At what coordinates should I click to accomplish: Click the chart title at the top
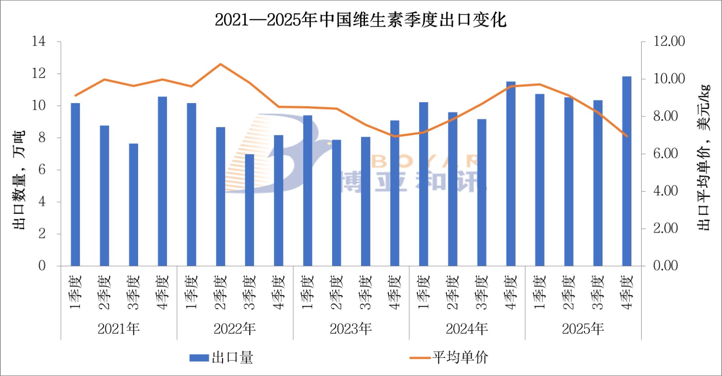pyautogui.click(x=361, y=20)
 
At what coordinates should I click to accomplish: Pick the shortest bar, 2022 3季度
pyautogui.click(x=250, y=210)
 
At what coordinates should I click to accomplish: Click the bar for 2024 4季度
pyautogui.click(x=511, y=174)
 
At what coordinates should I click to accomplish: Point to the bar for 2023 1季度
pyautogui.click(x=307, y=190)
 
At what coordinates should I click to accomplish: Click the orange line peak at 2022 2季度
pyautogui.click(x=220, y=64)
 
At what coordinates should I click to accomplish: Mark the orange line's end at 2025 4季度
pyautogui.click(x=627, y=136)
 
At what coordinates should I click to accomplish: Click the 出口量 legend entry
pyautogui.click(x=222, y=357)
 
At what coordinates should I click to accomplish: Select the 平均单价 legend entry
pyautogui.click(x=449, y=357)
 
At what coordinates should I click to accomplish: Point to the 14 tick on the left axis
pyautogui.click(x=39, y=42)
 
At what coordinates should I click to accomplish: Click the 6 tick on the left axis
pyautogui.click(x=42, y=170)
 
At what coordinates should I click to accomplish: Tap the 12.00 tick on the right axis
pyautogui.click(x=669, y=42)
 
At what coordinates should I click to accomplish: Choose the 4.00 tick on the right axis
pyautogui.click(x=666, y=191)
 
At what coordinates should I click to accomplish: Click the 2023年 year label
pyautogui.click(x=351, y=329)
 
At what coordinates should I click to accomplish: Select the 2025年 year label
pyautogui.click(x=583, y=329)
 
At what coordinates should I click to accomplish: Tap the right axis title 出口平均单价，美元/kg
pyautogui.click(x=703, y=157)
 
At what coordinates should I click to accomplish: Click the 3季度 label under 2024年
pyautogui.click(x=481, y=292)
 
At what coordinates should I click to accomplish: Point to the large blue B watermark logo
pyautogui.click(x=275, y=154)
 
